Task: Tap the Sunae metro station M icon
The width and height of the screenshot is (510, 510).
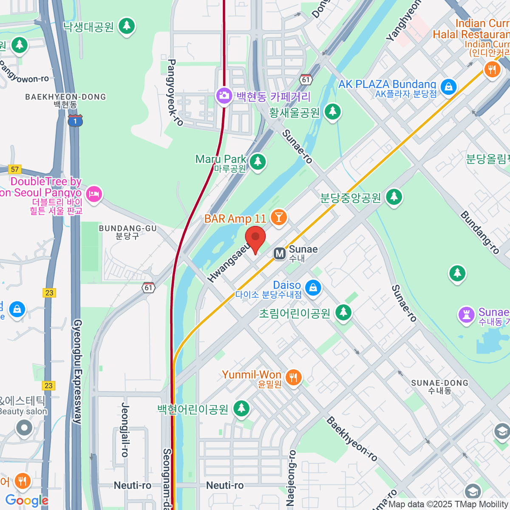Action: click(280, 254)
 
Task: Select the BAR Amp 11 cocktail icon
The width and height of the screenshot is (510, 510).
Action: click(279, 218)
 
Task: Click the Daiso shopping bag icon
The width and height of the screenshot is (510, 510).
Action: click(313, 288)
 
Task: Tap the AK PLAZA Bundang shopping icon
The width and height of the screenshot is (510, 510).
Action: click(448, 87)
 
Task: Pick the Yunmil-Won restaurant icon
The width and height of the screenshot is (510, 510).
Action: click(293, 377)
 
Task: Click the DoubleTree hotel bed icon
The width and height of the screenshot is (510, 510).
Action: click(93, 195)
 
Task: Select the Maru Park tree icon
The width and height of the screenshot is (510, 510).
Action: click(257, 161)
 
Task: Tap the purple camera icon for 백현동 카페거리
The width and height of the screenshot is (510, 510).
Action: click(224, 95)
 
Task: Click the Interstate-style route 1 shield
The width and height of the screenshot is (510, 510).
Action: click(75, 121)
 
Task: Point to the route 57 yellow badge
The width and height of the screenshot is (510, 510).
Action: click(15, 169)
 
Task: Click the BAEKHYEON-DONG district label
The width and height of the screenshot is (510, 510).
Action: click(65, 97)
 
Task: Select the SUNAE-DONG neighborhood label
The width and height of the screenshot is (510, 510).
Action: click(439, 383)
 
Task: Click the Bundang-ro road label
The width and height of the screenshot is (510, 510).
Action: click(479, 232)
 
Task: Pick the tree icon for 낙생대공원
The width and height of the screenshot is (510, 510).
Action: click(126, 26)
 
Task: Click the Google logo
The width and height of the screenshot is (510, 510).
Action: click(27, 500)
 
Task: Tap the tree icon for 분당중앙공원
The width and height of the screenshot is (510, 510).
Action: click(394, 197)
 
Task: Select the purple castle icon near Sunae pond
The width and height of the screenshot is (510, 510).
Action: click(466, 315)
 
